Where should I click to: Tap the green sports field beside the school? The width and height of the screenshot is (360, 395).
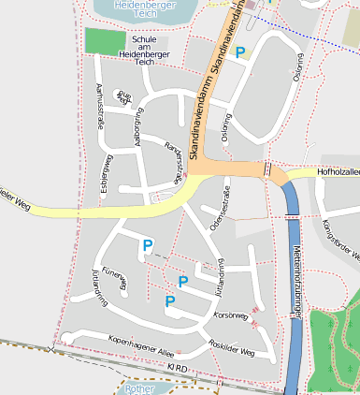click(x=104, y=41)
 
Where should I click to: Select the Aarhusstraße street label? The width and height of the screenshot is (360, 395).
click(x=100, y=105)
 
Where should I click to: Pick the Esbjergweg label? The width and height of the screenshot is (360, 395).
click(x=108, y=169)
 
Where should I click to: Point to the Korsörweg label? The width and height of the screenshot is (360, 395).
click(x=231, y=315)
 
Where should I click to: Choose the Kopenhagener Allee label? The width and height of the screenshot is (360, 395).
click(x=141, y=344)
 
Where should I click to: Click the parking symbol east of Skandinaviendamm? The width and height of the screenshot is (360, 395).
click(x=240, y=53)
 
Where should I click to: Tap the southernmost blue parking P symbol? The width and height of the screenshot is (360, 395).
click(x=170, y=300)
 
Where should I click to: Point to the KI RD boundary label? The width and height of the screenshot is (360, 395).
click(x=178, y=369)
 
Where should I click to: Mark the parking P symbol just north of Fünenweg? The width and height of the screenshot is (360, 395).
click(x=146, y=245)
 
